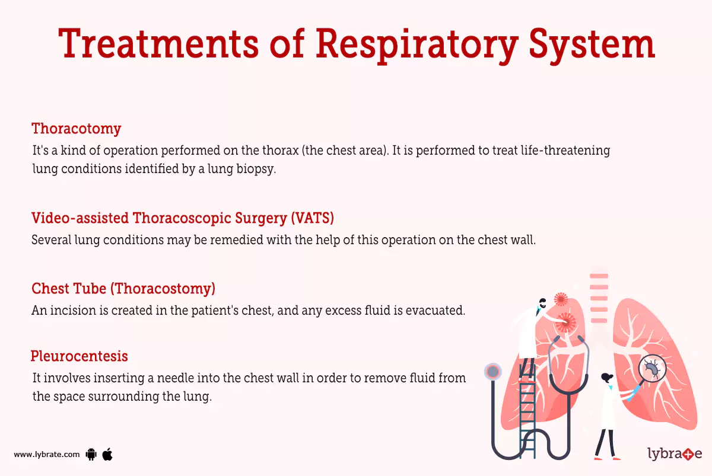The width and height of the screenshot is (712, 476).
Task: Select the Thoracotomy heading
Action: (76, 129)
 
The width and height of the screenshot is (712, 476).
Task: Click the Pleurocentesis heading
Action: (79, 356)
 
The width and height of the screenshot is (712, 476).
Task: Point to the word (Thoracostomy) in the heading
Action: (164, 289)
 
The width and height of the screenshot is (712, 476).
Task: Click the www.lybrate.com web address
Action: (47, 455)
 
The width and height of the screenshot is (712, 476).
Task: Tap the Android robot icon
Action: (91, 455)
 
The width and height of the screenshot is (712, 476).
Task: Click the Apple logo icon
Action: (107, 455)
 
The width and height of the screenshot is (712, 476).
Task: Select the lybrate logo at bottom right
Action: (674, 455)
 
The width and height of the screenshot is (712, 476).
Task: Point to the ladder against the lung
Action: (526, 409)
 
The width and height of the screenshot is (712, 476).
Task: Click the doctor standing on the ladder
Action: (530, 332)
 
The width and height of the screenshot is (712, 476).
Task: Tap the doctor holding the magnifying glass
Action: (606, 415)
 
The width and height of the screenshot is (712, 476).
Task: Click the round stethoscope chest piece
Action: (493, 372)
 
